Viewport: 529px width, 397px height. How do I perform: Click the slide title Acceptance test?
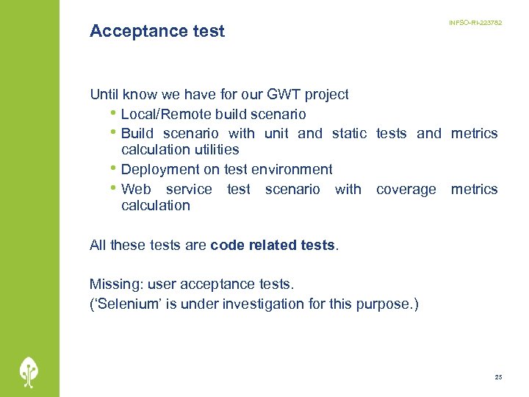[x=156, y=31]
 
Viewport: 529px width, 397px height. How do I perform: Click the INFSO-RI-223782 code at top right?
[x=475, y=24]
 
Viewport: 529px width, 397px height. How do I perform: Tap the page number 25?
[x=498, y=377]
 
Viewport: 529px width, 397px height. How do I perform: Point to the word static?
[x=349, y=133]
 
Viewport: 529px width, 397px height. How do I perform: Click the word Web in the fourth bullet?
[x=136, y=189]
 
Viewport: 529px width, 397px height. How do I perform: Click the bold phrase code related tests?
[x=273, y=246]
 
